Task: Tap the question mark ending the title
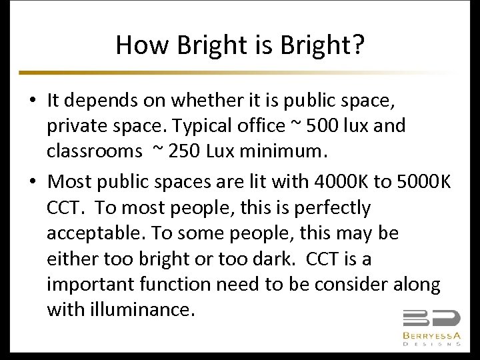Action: click(357, 45)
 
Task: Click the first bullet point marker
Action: click(33, 101)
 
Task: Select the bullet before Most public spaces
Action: click(33, 182)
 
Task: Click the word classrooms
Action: click(94, 151)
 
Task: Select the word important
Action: click(91, 285)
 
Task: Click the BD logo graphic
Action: click(431, 319)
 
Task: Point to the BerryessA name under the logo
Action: click(431, 335)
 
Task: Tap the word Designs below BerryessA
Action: click(431, 344)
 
